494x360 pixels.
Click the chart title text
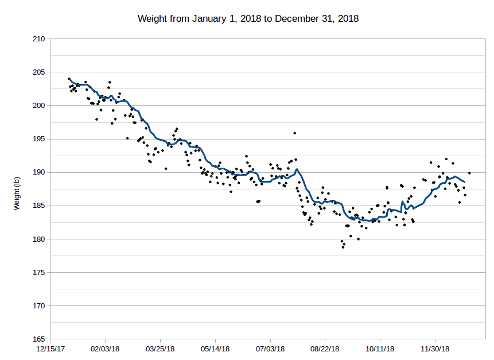(248, 18)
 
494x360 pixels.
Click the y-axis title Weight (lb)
(17, 189)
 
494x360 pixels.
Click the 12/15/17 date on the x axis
(50, 349)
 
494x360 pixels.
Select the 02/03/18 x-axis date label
(105, 349)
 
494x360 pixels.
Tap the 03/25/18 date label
(160, 349)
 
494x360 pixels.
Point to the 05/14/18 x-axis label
(215, 349)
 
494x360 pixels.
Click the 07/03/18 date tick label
(270, 349)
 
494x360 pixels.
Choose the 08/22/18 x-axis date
(325, 349)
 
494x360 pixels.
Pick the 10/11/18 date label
(380, 349)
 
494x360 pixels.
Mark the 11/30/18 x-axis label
(435, 349)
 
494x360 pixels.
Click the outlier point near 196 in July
(294, 133)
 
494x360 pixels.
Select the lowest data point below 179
(343, 247)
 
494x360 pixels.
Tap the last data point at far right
(469, 173)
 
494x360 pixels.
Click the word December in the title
(294, 18)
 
